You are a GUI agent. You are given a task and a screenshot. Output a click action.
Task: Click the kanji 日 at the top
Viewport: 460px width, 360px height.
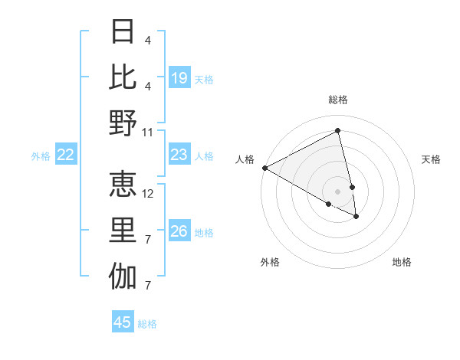tap(123, 31)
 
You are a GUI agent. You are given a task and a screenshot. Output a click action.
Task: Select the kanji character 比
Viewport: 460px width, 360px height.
tap(123, 77)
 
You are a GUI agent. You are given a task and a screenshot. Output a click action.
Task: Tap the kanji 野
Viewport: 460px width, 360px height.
tap(123, 123)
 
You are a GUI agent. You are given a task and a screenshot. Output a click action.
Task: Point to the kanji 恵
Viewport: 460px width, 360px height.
tap(123, 184)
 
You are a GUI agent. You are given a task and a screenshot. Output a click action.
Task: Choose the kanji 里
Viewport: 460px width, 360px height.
tap(123, 231)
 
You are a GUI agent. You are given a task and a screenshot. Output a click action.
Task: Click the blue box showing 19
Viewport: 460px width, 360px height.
tap(179, 77)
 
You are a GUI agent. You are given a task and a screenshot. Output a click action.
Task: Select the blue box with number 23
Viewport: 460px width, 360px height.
tap(179, 155)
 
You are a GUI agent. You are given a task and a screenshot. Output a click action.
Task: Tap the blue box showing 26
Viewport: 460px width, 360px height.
tap(179, 231)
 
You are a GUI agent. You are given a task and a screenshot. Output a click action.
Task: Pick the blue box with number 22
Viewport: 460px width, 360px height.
tap(66, 155)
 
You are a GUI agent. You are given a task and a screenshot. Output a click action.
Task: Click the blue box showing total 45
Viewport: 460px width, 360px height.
tap(123, 322)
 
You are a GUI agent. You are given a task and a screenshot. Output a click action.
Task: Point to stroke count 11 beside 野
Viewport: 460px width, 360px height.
tap(148, 132)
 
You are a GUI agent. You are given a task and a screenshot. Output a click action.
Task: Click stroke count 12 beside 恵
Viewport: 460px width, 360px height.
tap(148, 194)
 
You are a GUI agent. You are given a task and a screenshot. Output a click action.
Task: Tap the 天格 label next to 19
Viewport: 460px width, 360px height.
tap(204, 79)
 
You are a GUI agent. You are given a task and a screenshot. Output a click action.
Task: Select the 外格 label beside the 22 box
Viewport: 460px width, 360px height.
tap(41, 156)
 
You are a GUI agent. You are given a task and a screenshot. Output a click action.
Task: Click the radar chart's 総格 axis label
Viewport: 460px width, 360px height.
tap(338, 100)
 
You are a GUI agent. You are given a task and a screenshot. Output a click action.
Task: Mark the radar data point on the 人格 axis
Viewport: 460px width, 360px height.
tap(264, 168)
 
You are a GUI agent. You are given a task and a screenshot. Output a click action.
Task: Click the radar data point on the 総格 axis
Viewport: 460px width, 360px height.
tap(338, 130)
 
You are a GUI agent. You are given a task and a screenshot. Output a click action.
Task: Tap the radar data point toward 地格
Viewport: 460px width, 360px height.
tap(356, 217)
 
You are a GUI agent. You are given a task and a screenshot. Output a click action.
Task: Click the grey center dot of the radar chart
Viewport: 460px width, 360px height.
tap(338, 191)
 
